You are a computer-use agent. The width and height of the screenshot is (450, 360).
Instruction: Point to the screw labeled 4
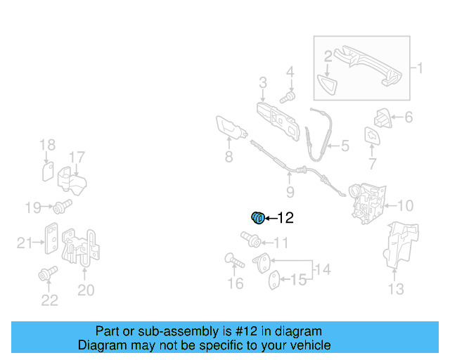(288, 94)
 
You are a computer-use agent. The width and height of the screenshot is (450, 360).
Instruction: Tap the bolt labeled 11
(248, 240)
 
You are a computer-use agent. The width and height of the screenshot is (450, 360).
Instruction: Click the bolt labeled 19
(63, 207)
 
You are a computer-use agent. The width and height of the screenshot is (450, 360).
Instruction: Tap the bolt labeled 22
(47, 276)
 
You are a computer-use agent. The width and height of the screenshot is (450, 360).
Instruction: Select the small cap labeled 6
(383, 117)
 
